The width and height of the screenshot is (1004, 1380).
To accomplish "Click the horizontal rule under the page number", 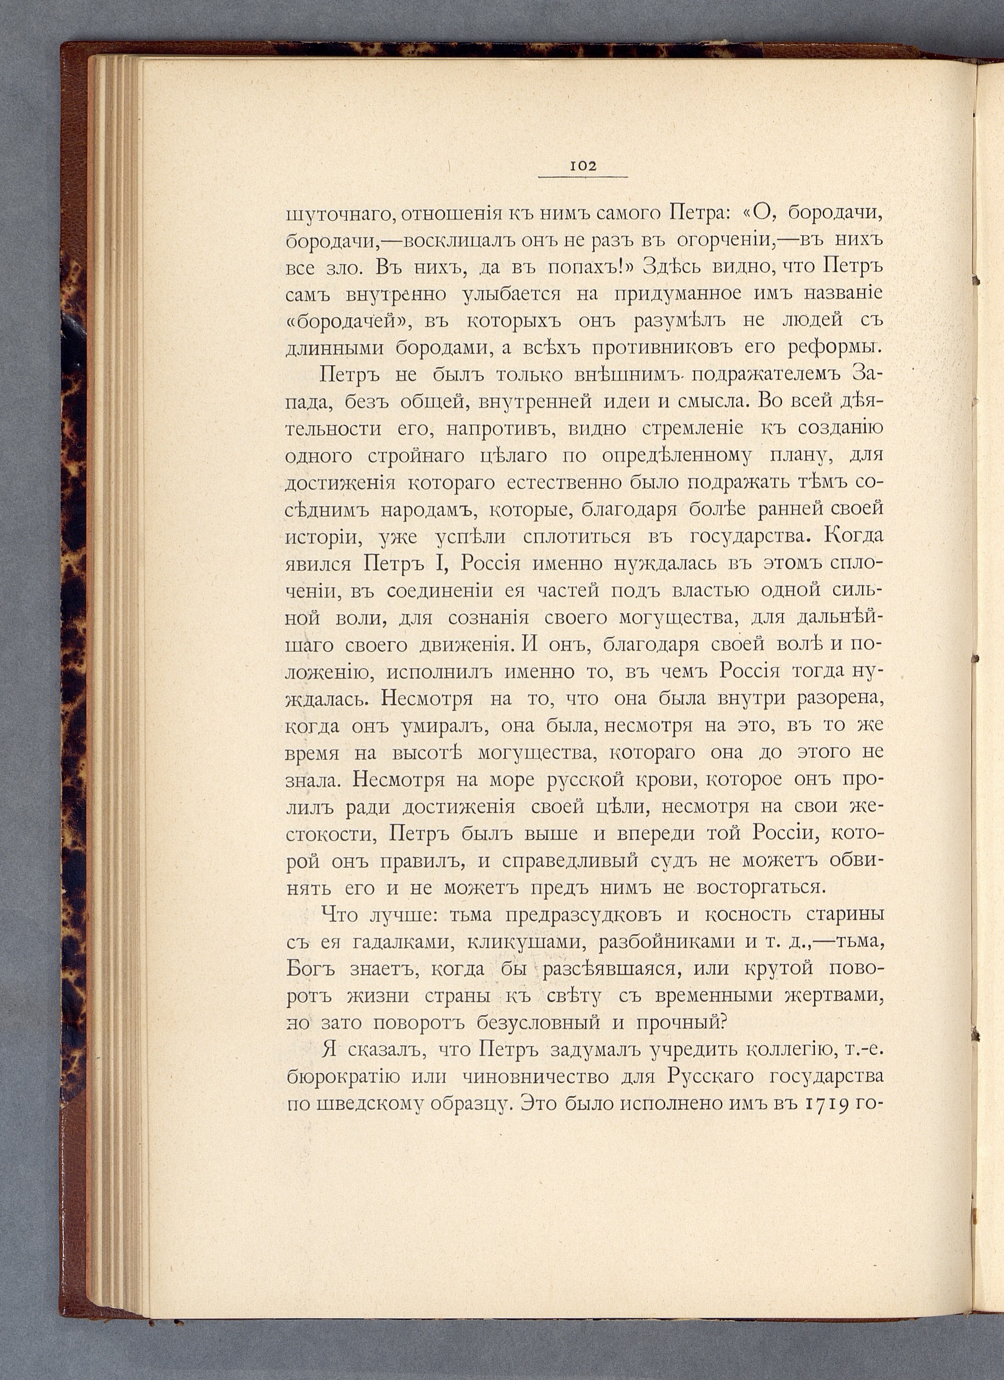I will (583, 177).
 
